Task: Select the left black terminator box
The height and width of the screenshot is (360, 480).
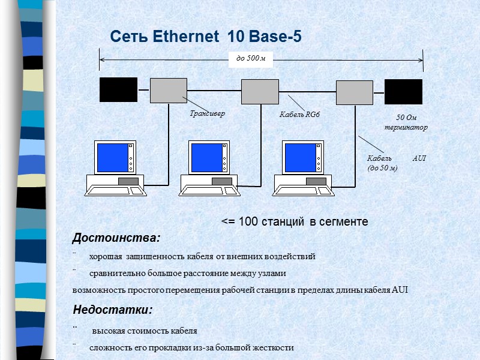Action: pyautogui.click(x=118, y=90)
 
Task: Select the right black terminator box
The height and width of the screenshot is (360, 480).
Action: pyautogui.click(x=403, y=92)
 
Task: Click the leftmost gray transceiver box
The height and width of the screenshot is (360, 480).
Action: pyautogui.click(x=169, y=91)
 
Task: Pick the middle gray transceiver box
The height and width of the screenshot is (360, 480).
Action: pyautogui.click(x=260, y=91)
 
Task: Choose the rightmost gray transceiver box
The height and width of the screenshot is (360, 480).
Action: pyautogui.click(x=355, y=92)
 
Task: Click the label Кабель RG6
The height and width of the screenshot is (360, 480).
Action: pyautogui.click(x=296, y=114)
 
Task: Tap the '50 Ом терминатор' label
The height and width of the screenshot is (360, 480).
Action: pyautogui.click(x=406, y=123)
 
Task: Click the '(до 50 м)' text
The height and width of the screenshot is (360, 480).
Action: pyautogui.click(x=382, y=168)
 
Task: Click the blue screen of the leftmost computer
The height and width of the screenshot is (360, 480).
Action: pyautogui.click(x=110, y=157)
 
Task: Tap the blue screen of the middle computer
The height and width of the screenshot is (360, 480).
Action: pyautogui.click(x=205, y=157)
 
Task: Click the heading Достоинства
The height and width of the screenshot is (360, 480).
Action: pyautogui.click(x=116, y=238)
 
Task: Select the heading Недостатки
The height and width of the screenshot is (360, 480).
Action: pyautogui.click(x=113, y=310)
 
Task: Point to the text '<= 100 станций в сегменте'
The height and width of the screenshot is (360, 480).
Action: pyautogui.click(x=295, y=222)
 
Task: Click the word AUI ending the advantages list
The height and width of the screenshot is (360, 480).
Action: pyautogui.click(x=399, y=290)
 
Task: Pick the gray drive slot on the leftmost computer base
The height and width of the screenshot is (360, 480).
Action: pyautogui.click(x=128, y=181)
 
